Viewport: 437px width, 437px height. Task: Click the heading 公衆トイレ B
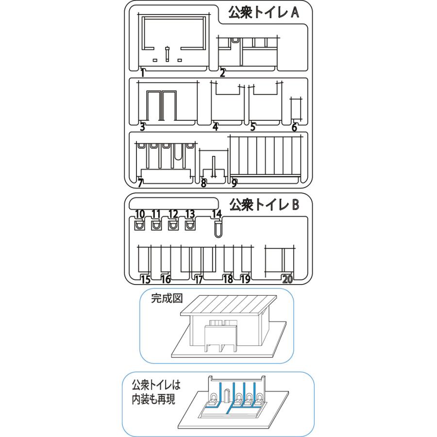pyautogui.click(x=264, y=204)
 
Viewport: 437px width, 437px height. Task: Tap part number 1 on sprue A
pyautogui.click(x=143, y=73)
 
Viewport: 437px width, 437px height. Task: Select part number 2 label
pyautogui.click(x=222, y=73)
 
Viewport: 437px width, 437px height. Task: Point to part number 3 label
pyautogui.click(x=143, y=127)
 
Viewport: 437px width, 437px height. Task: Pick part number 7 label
pyautogui.click(x=140, y=183)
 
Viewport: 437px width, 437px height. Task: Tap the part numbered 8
pyautogui.click(x=214, y=167)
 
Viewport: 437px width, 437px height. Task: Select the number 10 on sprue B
pyautogui.click(x=140, y=214)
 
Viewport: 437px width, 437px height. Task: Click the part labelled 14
pyautogui.click(x=218, y=227)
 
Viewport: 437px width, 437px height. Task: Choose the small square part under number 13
pyautogui.click(x=189, y=225)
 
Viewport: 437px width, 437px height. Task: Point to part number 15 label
pyautogui.click(x=145, y=279)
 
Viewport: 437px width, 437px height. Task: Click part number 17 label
pyautogui.click(x=198, y=279)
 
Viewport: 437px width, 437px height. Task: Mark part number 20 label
pyautogui.click(x=287, y=279)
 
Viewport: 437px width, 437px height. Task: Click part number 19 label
pyautogui.click(x=245, y=279)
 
